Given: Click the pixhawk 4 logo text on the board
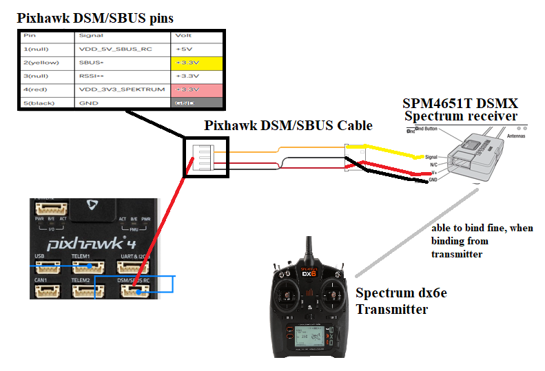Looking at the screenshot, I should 86,243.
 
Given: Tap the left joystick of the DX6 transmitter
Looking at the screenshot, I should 285,297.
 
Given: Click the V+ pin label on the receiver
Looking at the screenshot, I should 433,172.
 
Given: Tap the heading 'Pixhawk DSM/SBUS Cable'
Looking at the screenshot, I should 288,125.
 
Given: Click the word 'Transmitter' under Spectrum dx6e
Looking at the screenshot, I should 391,310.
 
